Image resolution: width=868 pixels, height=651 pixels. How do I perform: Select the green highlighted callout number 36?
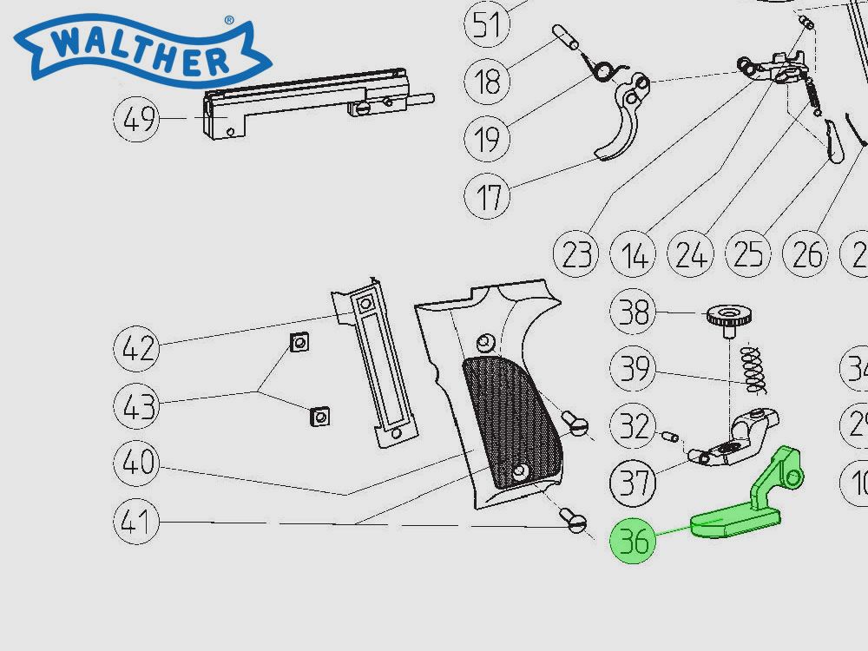635,541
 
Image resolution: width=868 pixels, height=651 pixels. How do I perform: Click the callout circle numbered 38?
635,312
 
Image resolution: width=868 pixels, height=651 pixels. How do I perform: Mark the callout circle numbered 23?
577,255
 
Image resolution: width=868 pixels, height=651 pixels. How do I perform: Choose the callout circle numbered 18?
488,82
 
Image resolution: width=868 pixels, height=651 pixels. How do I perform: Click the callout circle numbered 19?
488,138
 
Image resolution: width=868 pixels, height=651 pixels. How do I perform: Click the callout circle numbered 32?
635,426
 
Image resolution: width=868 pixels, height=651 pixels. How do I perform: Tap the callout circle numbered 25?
748,255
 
